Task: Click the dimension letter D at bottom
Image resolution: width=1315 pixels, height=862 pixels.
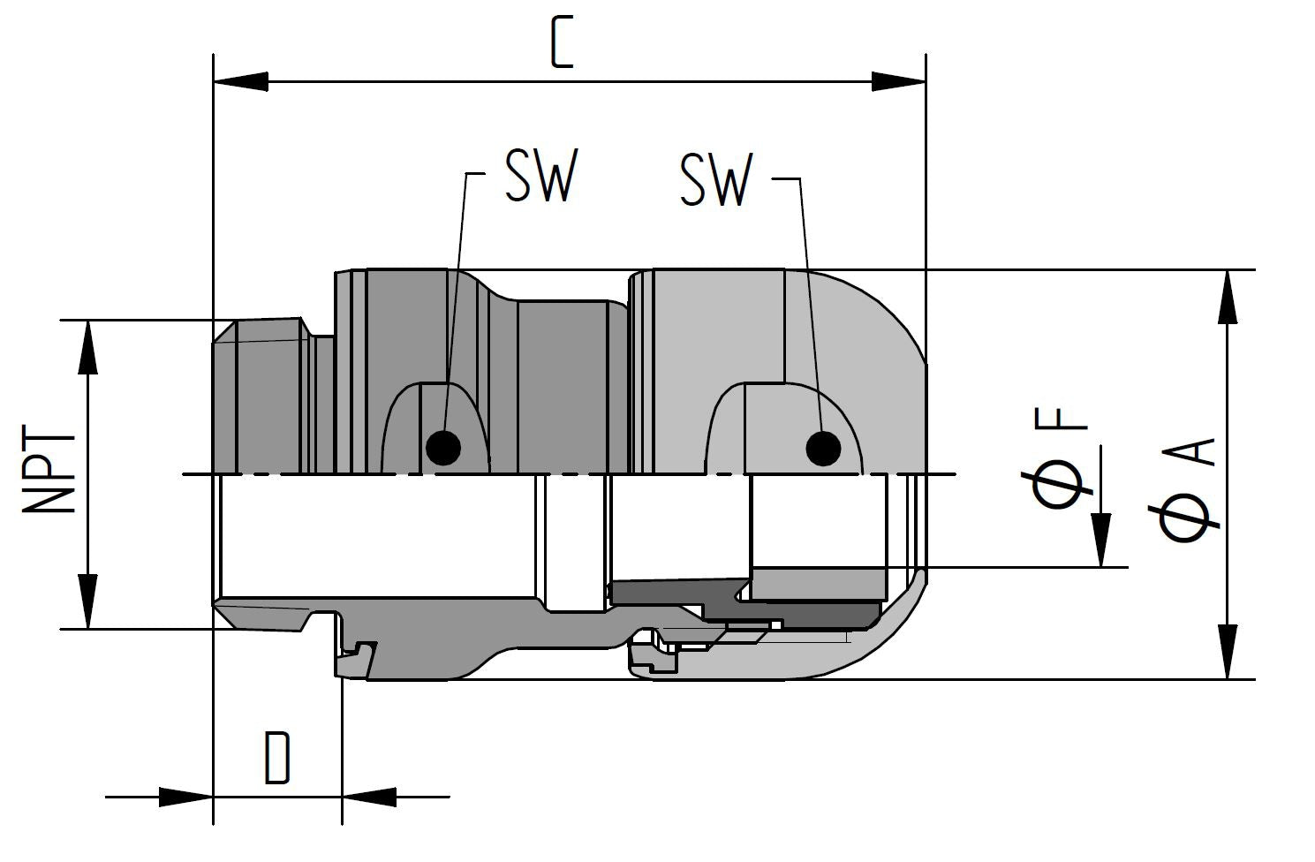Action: click(x=277, y=758)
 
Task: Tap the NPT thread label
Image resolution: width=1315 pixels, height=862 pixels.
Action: click(x=49, y=473)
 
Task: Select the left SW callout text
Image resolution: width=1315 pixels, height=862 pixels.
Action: click(x=540, y=177)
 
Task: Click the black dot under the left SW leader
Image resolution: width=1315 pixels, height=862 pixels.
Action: click(x=442, y=448)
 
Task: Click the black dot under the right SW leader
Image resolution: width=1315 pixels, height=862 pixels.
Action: click(x=823, y=449)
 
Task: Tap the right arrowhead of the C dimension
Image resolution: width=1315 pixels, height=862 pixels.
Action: click(x=899, y=81)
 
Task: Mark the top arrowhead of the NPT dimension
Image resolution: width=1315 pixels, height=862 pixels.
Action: click(x=88, y=347)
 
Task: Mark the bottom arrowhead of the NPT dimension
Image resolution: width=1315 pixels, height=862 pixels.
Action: click(x=88, y=602)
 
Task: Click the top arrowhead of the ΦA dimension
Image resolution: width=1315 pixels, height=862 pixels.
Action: click(x=1228, y=298)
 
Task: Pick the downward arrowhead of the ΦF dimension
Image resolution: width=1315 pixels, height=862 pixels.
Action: click(x=1100, y=541)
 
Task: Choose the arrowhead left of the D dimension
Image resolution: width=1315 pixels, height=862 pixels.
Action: click(x=186, y=797)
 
